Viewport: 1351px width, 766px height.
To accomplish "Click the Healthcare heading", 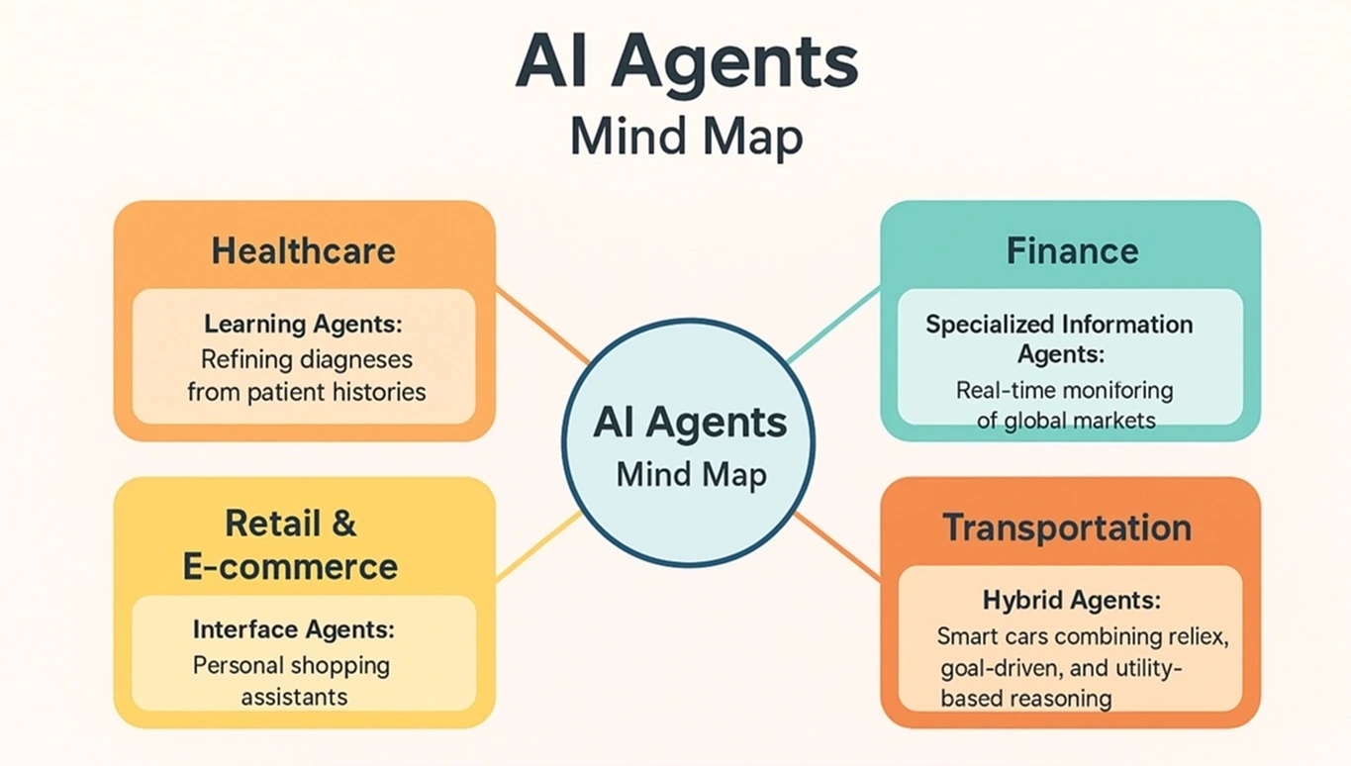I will [303, 250].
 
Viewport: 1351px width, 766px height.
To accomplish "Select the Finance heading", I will [1072, 250].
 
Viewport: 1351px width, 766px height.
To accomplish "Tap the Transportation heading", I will [1067, 527].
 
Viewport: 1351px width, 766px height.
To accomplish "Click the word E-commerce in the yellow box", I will [290, 567].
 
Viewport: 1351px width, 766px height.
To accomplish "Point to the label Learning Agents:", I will [304, 324].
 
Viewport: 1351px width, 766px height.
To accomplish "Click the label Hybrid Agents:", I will [1072, 600].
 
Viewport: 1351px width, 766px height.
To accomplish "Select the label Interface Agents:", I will [293, 629].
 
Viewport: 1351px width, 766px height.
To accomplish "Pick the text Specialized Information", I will [1059, 325].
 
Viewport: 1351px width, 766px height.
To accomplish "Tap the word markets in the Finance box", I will [1107, 421].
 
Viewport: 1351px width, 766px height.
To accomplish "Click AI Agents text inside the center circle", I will [690, 424].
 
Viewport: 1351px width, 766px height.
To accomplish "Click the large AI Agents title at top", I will [687, 64].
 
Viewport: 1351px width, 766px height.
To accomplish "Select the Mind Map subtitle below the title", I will [686, 138].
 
